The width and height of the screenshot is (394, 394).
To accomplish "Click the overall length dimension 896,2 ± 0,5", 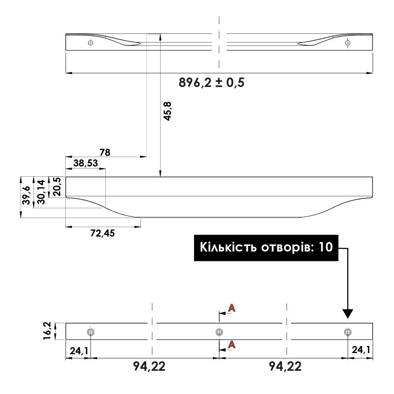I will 211,83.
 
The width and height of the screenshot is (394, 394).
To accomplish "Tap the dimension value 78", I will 105,152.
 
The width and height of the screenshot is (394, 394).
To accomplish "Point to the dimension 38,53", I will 85,163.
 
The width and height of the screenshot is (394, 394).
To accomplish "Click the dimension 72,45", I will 102,233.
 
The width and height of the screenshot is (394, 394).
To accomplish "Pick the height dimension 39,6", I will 26,195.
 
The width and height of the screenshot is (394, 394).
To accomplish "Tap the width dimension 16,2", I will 47,331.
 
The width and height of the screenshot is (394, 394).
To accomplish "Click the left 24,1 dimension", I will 79,350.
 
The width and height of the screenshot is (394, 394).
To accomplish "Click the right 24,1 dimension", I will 360,350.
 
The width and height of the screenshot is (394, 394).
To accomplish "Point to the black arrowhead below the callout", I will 348,313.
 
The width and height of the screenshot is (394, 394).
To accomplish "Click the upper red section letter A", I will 232,308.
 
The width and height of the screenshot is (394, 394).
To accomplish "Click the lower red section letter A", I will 232,345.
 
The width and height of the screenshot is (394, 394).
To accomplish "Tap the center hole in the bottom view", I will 219,332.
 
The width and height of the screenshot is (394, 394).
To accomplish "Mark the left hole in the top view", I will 91,43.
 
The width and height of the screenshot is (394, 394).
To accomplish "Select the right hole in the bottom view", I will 347,332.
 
